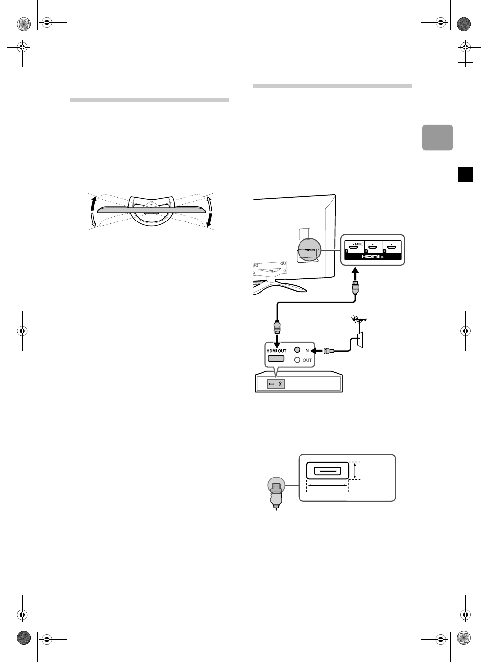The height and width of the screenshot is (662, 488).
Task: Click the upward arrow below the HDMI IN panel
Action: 354,273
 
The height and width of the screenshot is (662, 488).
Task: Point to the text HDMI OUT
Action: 276,351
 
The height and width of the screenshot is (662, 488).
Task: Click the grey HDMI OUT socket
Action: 276,359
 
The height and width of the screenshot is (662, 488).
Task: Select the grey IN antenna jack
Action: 297,350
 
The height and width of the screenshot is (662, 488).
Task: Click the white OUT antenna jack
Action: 297,360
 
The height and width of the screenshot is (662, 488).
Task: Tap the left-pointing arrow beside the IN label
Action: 317,350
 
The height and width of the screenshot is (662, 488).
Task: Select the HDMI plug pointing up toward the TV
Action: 354,288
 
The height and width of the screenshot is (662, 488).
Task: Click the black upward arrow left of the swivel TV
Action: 93,203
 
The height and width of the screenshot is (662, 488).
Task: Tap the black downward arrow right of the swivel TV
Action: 210,220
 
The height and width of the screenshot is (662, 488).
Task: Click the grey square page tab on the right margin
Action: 438,138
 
